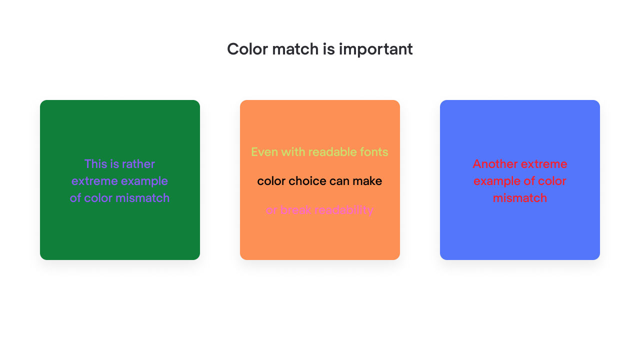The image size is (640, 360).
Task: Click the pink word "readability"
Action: pos(344,210)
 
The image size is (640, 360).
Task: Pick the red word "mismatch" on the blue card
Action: pos(520,198)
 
